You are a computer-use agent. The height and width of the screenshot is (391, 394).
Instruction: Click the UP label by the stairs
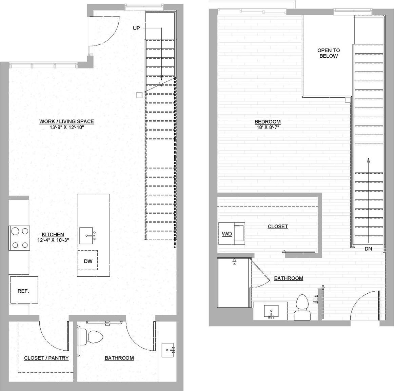pyautogui.click(x=136, y=28)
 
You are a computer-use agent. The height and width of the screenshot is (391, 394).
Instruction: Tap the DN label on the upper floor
pyautogui.click(x=368, y=249)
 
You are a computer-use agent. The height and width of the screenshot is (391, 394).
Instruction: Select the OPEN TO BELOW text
pyautogui.click(x=328, y=53)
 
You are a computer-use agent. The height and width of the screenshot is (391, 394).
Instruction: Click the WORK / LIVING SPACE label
pyautogui.click(x=66, y=121)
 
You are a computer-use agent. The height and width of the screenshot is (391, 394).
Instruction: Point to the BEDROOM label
pyautogui.click(x=268, y=122)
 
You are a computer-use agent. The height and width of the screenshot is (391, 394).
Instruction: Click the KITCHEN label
pyautogui.click(x=53, y=235)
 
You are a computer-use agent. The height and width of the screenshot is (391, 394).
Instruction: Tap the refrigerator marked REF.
pyautogui.click(x=23, y=291)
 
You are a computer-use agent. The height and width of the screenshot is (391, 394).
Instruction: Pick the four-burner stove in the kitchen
pyautogui.click(x=19, y=238)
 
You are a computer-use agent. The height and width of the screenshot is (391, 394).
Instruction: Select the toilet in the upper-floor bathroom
pyautogui.click(x=302, y=307)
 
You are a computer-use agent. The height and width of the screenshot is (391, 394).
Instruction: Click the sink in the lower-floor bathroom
pyautogui.click(x=168, y=350)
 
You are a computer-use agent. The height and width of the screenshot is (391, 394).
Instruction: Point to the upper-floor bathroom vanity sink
pyautogui.click(x=271, y=311)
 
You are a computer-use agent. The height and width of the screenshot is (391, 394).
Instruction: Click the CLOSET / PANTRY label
pyautogui.click(x=46, y=358)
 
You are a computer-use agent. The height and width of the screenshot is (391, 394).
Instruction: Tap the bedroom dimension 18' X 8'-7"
pyautogui.click(x=268, y=128)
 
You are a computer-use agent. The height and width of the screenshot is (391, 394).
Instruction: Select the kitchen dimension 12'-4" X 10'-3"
pyautogui.click(x=53, y=240)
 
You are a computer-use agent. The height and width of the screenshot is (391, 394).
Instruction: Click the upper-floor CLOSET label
pyautogui.click(x=278, y=227)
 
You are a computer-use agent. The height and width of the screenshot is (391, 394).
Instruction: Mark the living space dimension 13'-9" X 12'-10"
pyautogui.click(x=66, y=127)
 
